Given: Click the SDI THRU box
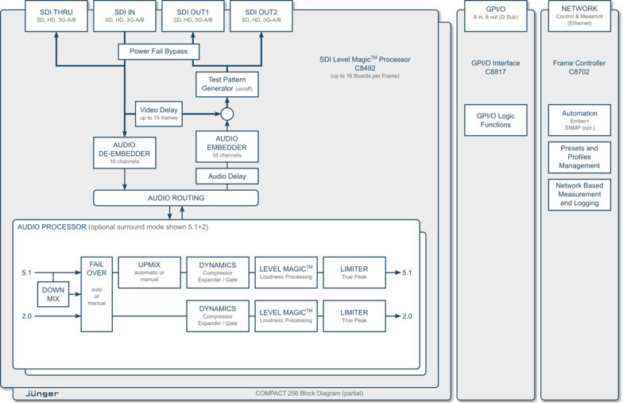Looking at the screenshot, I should pyautogui.click(x=56, y=16).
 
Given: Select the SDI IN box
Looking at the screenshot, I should pyautogui.click(x=125, y=16).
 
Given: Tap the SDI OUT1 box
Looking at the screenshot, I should pyautogui.click(x=193, y=16).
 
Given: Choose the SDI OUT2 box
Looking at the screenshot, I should pyautogui.click(x=261, y=16).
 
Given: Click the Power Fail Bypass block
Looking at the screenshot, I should pyautogui.click(x=158, y=52).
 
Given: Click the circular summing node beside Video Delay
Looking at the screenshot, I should pyautogui.click(x=227, y=114).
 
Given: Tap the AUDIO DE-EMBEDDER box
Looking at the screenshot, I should pyautogui.click(x=125, y=151).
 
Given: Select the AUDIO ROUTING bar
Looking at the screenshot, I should pyautogui.click(x=176, y=198).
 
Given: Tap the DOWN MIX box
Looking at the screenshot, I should pyautogui.click(x=53, y=295).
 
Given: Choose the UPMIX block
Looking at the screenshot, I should pyautogui.click(x=149, y=272).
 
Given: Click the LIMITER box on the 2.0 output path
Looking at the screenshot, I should pyautogui.click(x=354, y=316).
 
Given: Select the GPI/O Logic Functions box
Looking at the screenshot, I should pyautogui.click(x=496, y=119).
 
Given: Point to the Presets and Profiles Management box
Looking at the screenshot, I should pyautogui.click(x=580, y=157).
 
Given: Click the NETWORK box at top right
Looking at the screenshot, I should pyautogui.click(x=580, y=16).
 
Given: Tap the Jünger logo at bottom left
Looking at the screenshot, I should pyautogui.click(x=42, y=393).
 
